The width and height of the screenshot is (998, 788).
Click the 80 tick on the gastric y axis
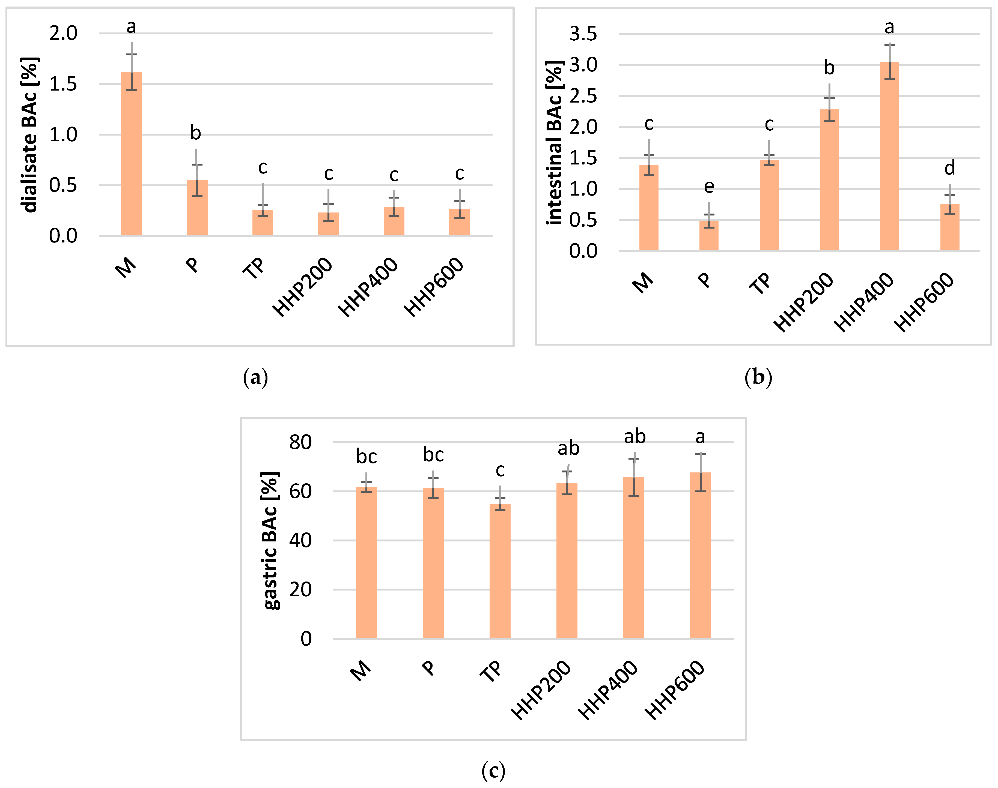point(300,442)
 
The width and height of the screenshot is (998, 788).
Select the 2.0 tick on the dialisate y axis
point(63,33)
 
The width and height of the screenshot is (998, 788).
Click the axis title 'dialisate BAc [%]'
point(29,135)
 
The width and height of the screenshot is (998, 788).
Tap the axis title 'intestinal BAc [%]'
point(554,143)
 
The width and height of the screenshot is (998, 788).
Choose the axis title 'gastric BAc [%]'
point(270,541)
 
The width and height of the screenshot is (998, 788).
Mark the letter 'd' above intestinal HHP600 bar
point(949,168)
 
